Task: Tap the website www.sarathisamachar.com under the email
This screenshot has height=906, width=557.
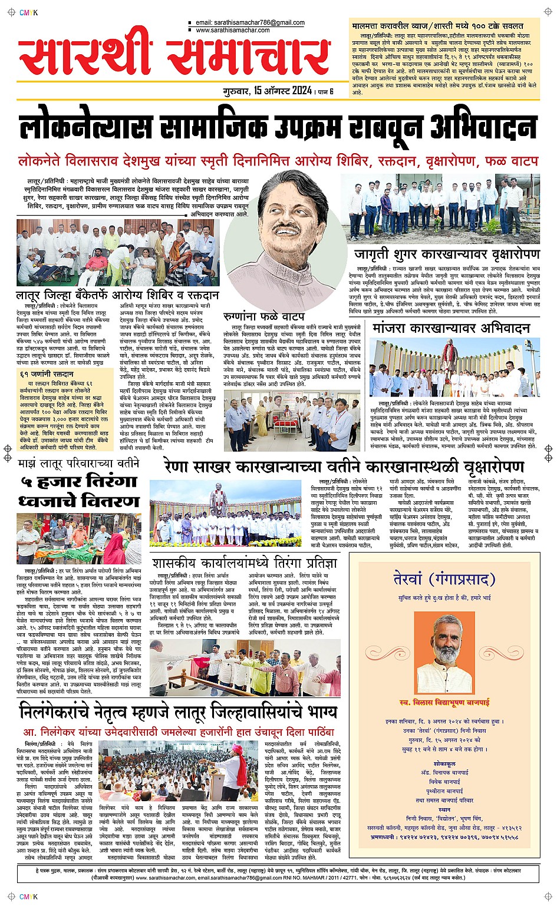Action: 232,30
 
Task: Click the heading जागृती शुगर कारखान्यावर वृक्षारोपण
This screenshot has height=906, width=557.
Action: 447,254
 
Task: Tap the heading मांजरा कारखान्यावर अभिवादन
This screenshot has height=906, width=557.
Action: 451,328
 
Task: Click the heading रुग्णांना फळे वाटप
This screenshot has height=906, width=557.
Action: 263,316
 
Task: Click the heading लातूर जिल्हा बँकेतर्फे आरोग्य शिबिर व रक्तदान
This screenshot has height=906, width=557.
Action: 118,295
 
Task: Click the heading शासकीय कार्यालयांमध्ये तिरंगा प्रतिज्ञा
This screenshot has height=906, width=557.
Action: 245,563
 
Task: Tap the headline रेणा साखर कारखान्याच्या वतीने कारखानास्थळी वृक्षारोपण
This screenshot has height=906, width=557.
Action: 344,467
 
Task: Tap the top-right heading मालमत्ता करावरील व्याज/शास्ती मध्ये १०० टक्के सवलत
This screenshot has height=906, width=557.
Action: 437,27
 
